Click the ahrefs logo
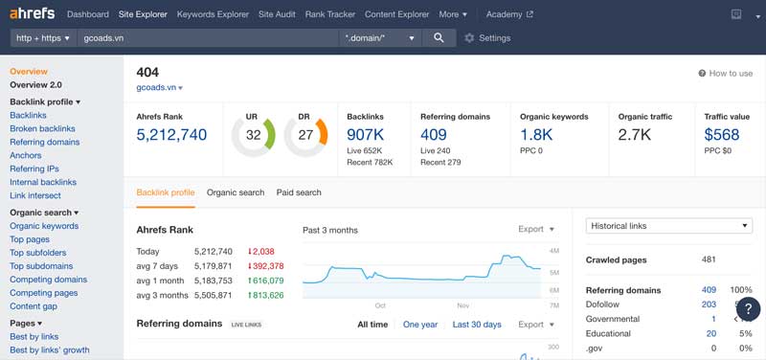[33, 13]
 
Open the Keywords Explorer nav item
[213, 14]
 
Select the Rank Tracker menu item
[330, 14]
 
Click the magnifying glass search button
[439, 37]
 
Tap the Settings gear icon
[469, 38]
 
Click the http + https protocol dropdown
[43, 38]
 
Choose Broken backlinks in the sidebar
[42, 128]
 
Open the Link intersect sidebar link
[35, 195]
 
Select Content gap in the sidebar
[34, 306]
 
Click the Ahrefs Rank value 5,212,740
[171, 135]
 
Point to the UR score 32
[253, 135]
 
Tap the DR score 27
[305, 135]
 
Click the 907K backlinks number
[365, 134]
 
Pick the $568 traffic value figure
[722, 134]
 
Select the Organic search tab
[236, 192]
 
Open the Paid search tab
[299, 192]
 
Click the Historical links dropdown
[668, 226]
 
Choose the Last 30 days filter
[477, 325]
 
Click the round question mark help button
[749, 308]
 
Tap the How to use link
[726, 74]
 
